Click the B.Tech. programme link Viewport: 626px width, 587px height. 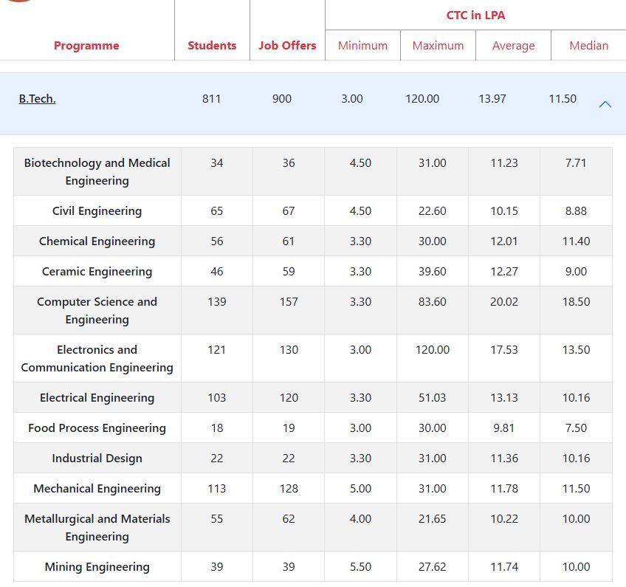tap(37, 99)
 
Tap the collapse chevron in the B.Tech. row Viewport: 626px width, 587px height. tap(605, 104)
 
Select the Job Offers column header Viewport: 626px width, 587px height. tap(287, 46)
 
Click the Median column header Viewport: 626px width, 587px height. tap(588, 46)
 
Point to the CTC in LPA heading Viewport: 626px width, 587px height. tap(475, 15)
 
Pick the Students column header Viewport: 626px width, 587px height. tap(212, 46)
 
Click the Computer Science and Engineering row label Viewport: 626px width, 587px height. tap(97, 310)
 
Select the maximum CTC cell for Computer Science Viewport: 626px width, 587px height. tap(432, 302)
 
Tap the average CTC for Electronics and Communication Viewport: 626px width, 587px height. tap(504, 350)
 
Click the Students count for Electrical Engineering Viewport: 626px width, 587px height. tap(216, 398)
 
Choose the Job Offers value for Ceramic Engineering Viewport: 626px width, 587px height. tap(289, 272)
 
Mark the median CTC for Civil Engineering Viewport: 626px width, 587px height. tap(576, 211)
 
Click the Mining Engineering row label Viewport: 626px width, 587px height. tap(97, 567)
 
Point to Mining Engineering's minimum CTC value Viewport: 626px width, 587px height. tap(360, 567)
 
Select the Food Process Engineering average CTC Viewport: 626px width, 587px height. tap(504, 428)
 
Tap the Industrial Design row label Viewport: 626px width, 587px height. tap(97, 459)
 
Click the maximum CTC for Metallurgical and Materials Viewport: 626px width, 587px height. tap(432, 519)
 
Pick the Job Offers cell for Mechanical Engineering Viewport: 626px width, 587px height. tap(289, 489)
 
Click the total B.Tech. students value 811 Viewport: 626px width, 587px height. tap(211, 99)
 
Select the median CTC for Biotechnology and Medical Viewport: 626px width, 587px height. tap(576, 163)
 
